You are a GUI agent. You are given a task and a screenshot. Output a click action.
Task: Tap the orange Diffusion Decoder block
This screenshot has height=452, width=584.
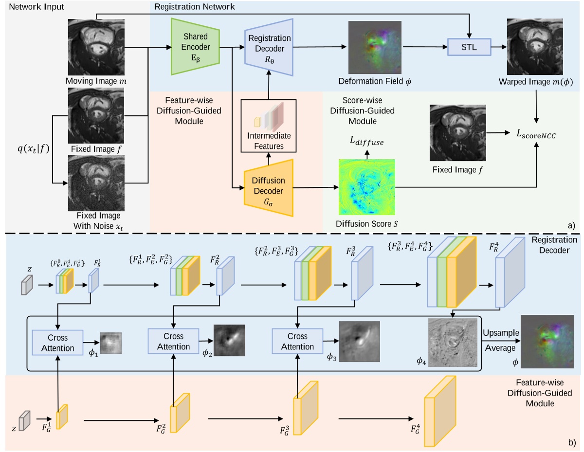tap(269, 187)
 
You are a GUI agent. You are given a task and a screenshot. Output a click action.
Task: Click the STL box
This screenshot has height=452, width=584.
tap(469, 48)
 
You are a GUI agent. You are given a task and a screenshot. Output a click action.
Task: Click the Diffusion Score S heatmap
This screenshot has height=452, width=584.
tap(367, 187)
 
